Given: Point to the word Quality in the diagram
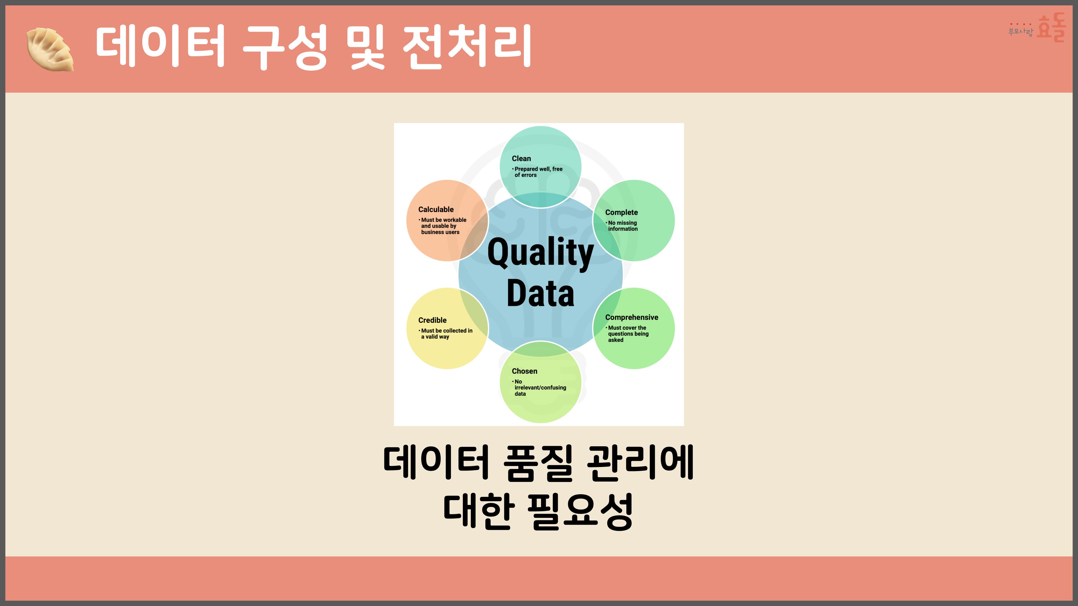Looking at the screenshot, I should point(540,253).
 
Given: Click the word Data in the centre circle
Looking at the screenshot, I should point(540,294).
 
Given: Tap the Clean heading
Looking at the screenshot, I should point(521,159).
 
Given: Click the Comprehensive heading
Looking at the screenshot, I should point(631,318).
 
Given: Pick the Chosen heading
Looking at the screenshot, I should point(524,371).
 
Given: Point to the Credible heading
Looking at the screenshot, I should point(432,320).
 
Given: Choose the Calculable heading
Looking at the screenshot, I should point(436,210).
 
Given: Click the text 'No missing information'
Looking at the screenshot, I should point(623,226).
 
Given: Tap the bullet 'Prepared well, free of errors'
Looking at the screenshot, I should point(538,172).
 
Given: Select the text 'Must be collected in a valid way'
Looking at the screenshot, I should point(447,333).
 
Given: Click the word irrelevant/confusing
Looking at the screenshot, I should point(540,388).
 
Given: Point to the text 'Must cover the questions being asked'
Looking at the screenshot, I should point(628,334).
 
